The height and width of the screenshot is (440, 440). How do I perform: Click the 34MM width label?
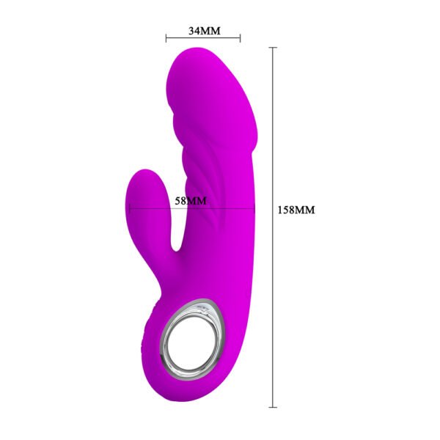click(x=203, y=31)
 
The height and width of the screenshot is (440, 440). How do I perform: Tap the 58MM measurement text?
click(x=191, y=200)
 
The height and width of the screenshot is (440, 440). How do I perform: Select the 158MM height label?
click(x=296, y=210)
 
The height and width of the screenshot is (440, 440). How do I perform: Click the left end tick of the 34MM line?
click(x=166, y=37)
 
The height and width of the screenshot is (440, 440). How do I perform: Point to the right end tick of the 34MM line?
click(x=240, y=37)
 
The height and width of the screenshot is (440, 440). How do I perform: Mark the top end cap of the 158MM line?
click(x=274, y=48)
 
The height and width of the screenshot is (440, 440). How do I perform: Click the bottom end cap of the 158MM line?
click(x=274, y=406)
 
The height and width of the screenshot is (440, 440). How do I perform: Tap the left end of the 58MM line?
click(x=130, y=209)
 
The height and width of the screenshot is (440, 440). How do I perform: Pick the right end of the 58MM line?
click(x=254, y=209)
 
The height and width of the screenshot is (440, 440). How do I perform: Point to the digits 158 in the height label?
click(x=289, y=210)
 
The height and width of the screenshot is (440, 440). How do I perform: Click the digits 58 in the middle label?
click(x=182, y=200)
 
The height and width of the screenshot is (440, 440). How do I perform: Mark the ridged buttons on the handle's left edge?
click(x=151, y=330)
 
